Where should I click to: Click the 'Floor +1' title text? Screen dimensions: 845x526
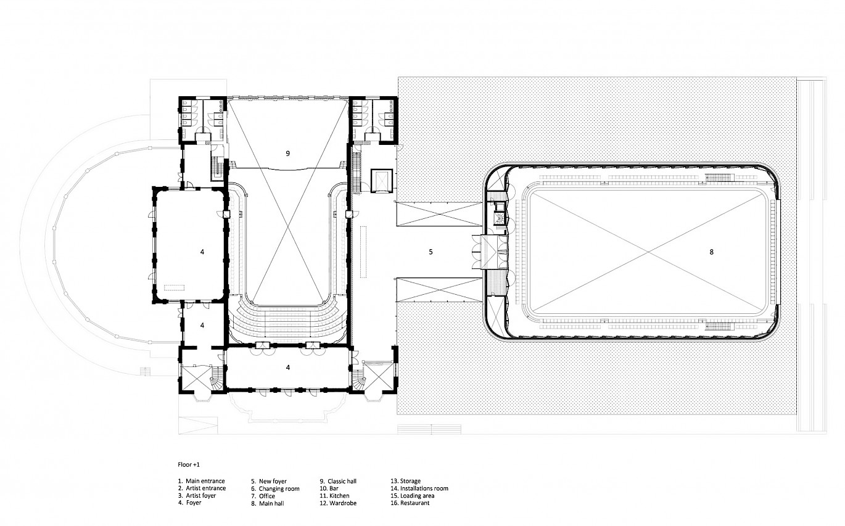coord(189,464)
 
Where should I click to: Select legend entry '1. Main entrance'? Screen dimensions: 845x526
coord(202,481)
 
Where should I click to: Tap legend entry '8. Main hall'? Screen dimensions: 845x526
coord(268,503)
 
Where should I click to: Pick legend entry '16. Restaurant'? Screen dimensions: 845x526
coord(410,503)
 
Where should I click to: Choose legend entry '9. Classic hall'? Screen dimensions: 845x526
coord(338,481)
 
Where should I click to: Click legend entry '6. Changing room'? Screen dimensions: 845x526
coord(275,488)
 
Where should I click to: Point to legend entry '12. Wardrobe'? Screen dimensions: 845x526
coord(338,503)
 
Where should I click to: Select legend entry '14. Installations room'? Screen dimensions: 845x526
coord(419,488)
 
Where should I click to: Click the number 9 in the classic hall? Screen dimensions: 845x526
coord(288,154)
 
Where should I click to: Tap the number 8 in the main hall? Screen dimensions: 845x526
coord(711,252)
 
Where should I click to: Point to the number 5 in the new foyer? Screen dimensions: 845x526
coord(431,252)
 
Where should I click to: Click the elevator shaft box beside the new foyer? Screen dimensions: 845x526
coord(382,181)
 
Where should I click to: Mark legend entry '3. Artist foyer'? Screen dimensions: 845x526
coord(197,495)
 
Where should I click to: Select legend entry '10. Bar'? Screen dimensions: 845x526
coord(329,488)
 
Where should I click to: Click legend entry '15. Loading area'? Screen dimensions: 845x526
coord(412,496)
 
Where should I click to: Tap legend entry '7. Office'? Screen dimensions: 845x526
coord(263,496)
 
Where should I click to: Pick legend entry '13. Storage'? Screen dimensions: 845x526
coord(405,481)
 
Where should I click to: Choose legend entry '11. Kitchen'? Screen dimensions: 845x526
coord(334,495)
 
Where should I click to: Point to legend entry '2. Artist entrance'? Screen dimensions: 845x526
coord(202,488)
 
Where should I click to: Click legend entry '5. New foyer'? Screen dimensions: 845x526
coord(268,482)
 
